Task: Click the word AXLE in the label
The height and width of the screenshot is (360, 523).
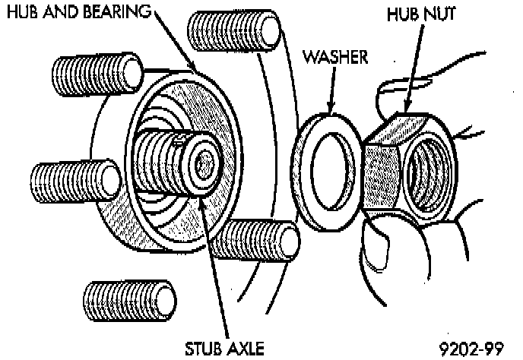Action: pos(245,349)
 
